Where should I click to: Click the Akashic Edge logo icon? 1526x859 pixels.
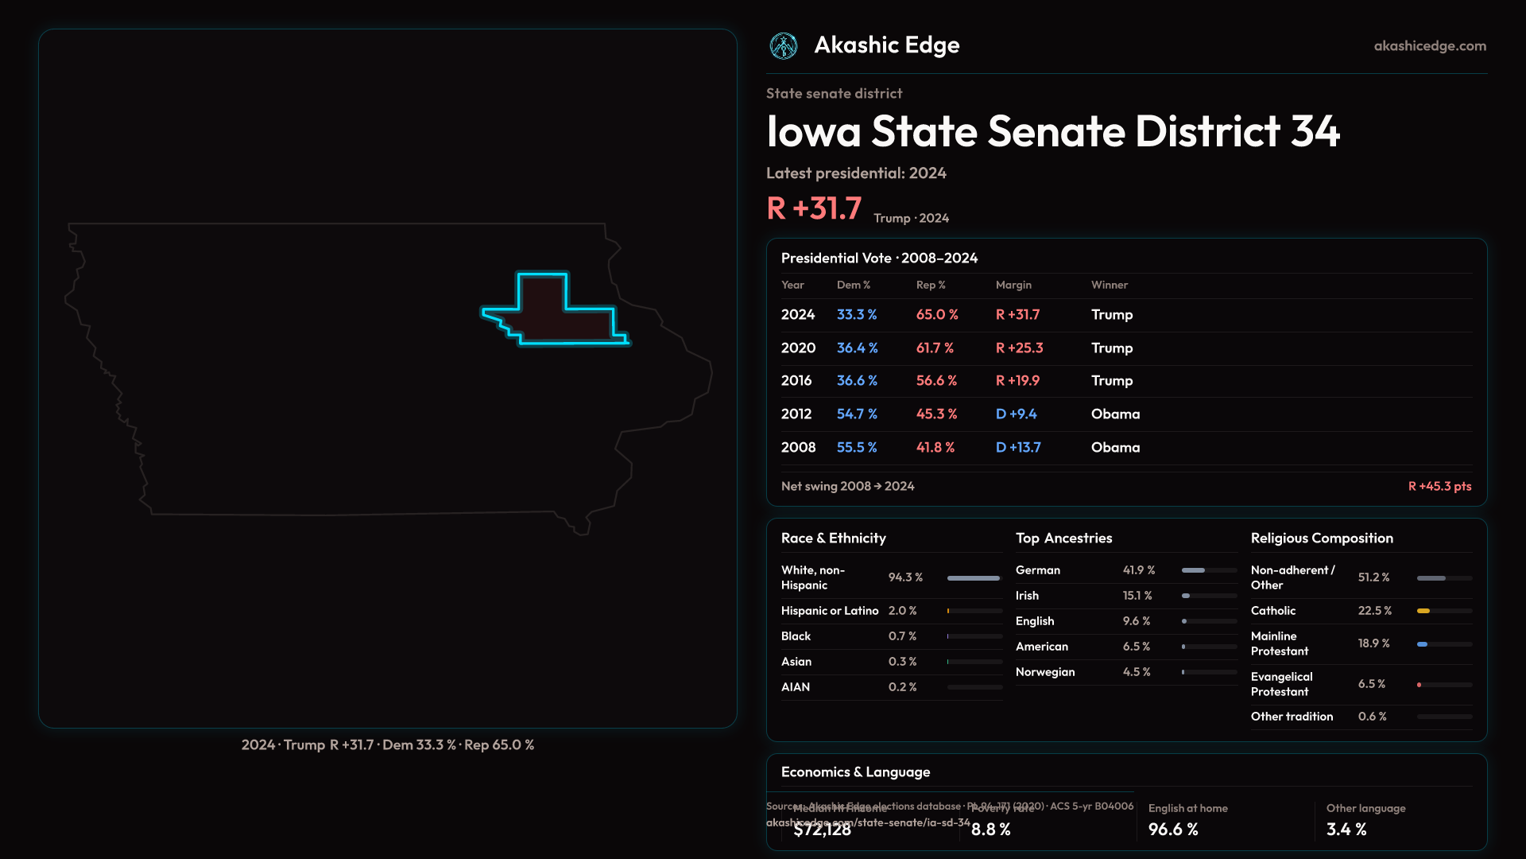tap(784, 46)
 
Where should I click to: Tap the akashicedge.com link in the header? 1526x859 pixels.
tap(1430, 46)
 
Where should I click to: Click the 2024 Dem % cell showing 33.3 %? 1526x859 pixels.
tap(857, 315)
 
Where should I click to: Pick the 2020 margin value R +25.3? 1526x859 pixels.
tap(1019, 348)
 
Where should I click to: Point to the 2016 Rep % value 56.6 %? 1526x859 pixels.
tap(936, 381)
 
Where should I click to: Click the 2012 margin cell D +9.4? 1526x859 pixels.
tap(1016, 414)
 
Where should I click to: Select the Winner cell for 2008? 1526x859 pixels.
tap(1115, 448)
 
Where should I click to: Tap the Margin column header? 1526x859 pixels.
tap(1013, 285)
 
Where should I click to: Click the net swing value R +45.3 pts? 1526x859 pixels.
tap(1439, 486)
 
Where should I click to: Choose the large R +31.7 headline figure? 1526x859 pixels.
tap(814, 208)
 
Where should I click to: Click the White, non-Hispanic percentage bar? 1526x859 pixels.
tap(974, 578)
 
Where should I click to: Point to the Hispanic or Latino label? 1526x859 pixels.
tap(830, 611)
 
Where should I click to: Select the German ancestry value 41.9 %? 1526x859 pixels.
tap(1139, 570)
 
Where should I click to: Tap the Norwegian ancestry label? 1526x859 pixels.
tap(1045, 672)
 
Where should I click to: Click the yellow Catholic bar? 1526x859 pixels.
tap(1423, 611)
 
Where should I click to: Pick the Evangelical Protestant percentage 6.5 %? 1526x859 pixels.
tap(1372, 684)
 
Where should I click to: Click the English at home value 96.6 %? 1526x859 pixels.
tap(1173, 830)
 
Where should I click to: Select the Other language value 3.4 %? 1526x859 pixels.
tap(1346, 830)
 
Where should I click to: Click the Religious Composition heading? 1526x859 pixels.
tap(1322, 538)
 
